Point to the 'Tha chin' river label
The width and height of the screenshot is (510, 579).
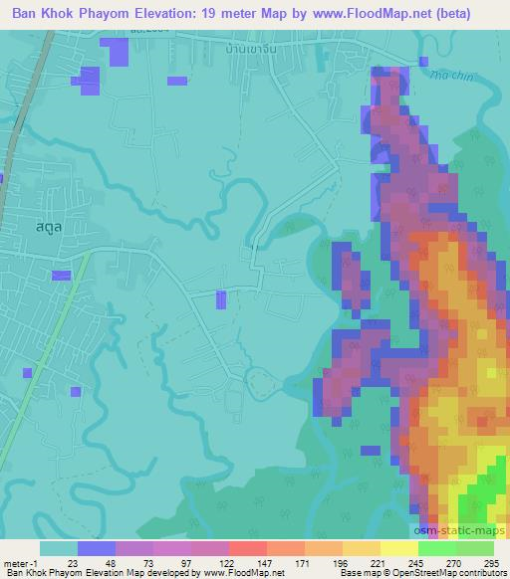click(x=447, y=72)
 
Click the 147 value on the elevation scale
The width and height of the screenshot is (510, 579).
click(x=245, y=562)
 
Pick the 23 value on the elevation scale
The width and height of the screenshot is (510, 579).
click(x=74, y=562)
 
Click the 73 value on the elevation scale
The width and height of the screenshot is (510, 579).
click(x=146, y=562)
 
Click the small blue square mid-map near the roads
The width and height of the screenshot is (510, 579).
click(x=221, y=298)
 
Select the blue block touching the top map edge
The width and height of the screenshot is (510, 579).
click(x=118, y=56)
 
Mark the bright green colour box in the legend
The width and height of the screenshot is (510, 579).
click(x=437, y=548)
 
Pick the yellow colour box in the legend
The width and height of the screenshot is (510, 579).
click(x=399, y=548)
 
